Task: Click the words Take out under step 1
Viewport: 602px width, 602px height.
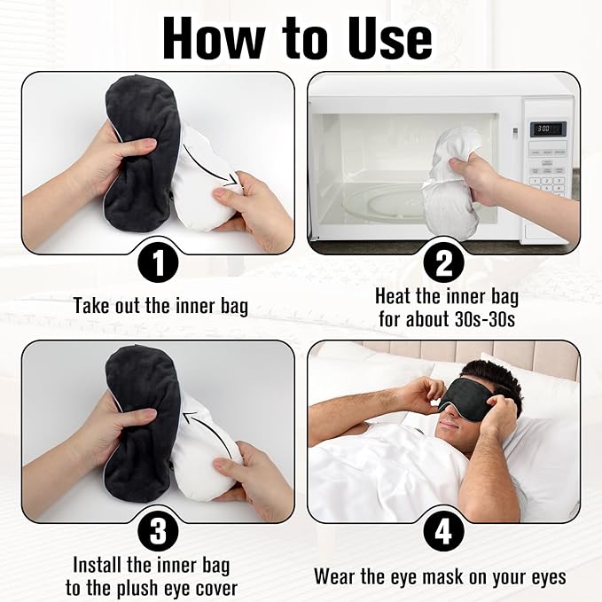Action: pyautogui.click(x=107, y=307)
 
